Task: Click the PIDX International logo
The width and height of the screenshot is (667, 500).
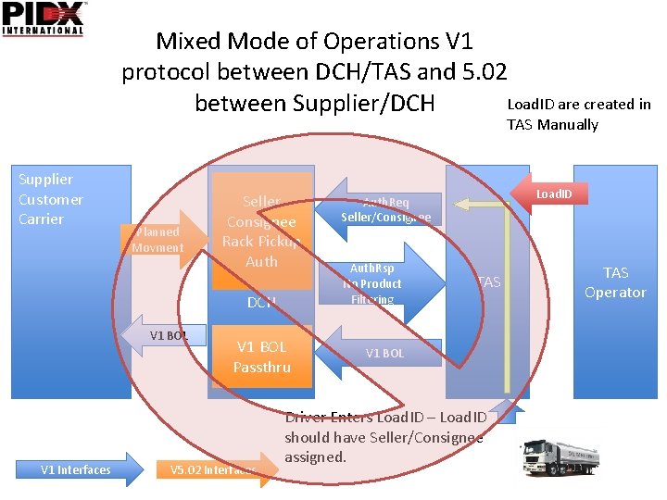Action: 44,19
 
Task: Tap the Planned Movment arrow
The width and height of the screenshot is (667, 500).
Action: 162,240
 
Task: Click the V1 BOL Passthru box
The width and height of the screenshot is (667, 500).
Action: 261,356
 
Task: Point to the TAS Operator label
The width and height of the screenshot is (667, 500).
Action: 615,282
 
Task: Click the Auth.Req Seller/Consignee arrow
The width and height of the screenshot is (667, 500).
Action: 380,210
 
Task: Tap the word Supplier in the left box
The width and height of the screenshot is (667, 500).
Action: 45,179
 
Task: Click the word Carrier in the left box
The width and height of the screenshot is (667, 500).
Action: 42,219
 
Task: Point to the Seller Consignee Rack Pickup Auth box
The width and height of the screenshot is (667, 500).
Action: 261,231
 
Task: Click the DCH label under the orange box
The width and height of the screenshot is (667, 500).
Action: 261,303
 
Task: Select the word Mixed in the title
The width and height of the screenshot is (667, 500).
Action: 190,42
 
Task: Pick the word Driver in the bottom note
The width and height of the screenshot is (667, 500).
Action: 307,417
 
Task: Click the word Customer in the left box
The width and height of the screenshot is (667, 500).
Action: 51,199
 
